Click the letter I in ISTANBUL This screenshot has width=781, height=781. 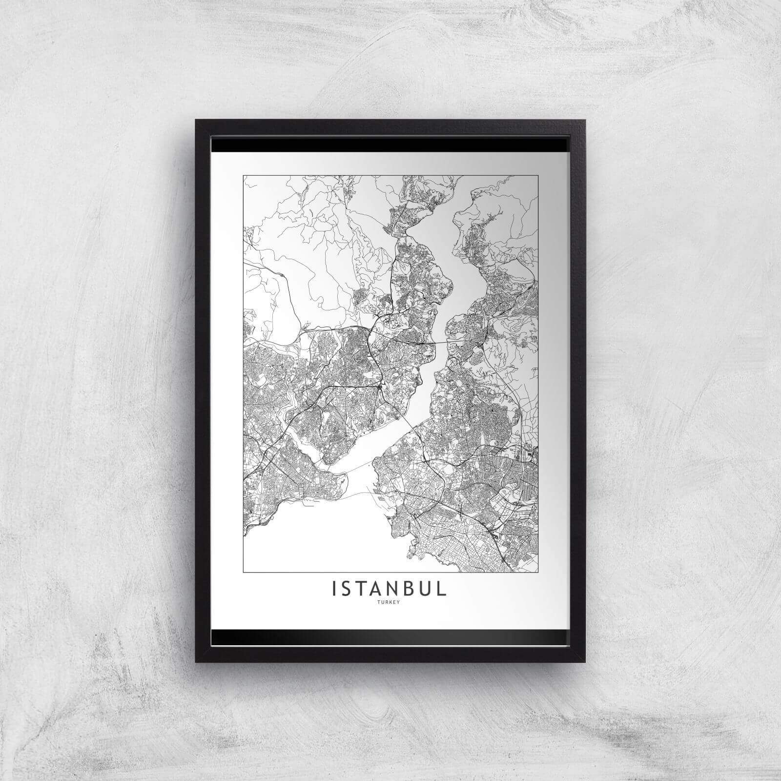click(334, 589)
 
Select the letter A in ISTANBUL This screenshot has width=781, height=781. click(379, 589)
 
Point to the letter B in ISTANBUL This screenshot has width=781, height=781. click(411, 589)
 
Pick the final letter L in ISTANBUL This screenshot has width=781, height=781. click(442, 589)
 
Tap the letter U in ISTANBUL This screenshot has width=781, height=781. click(427, 589)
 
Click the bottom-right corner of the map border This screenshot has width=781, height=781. click(538, 571)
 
